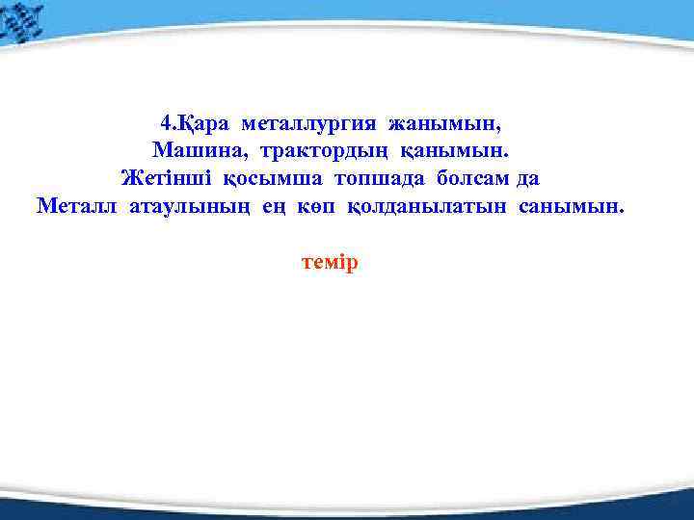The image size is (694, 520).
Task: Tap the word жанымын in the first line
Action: tap(445, 124)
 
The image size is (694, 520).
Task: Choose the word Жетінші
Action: tap(168, 178)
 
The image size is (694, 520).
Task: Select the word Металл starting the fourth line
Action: tap(78, 205)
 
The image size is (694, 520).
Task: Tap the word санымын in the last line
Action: tap(572, 205)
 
